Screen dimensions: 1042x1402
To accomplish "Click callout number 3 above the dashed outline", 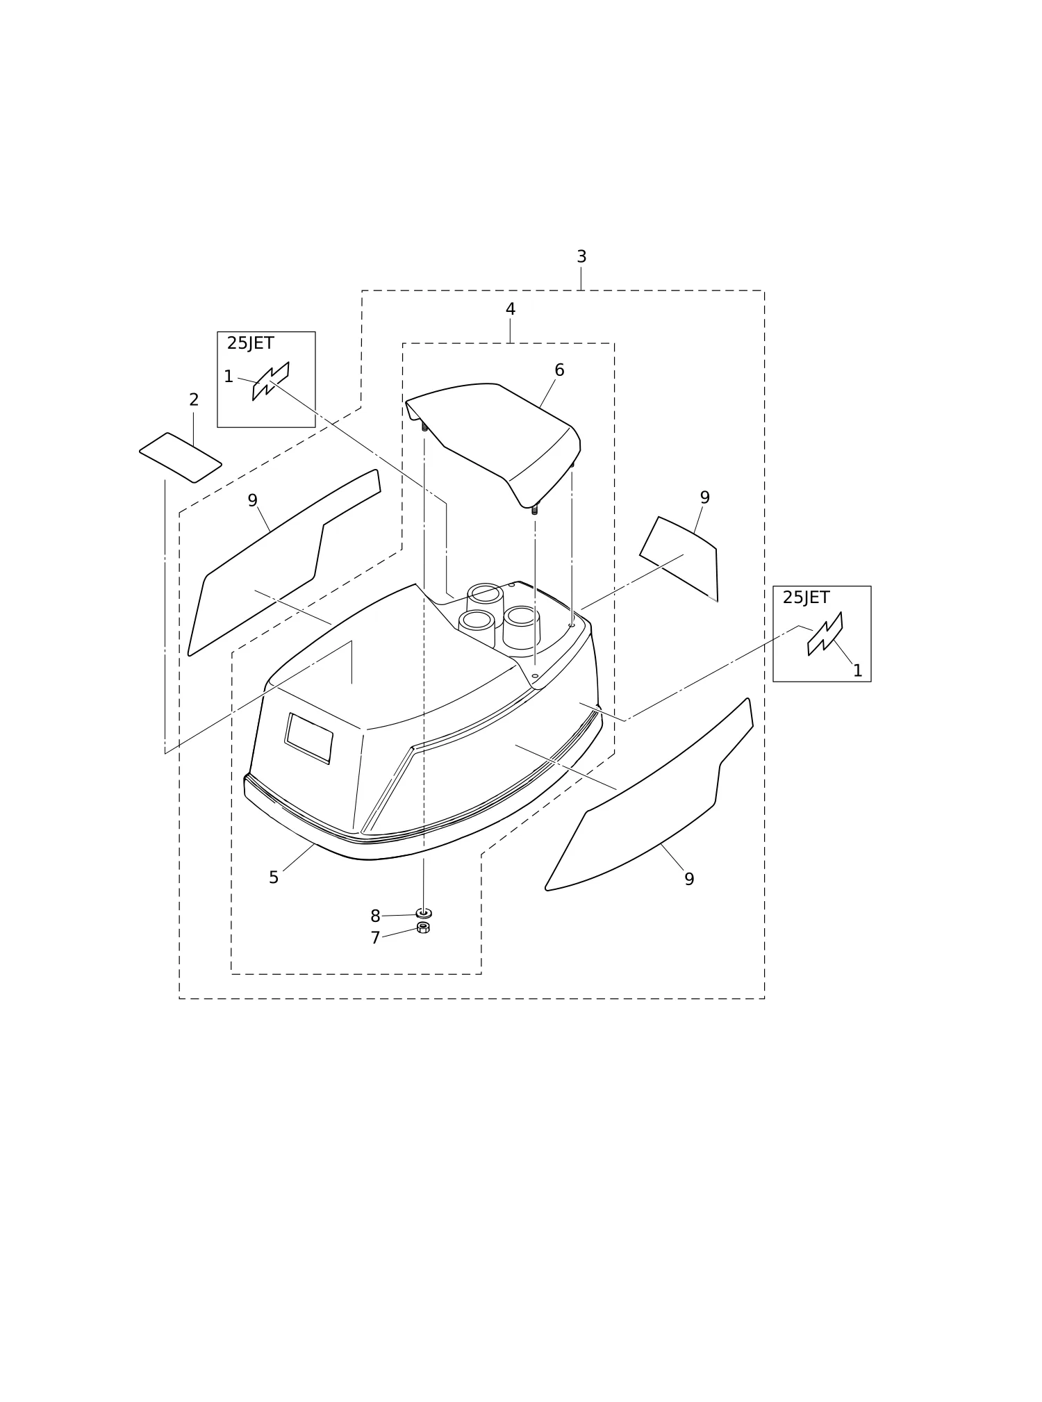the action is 581,257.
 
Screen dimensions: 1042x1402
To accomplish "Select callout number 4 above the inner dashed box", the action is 511,309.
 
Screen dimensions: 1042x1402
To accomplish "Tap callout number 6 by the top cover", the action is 559,370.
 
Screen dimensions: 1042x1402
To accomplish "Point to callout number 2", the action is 194,399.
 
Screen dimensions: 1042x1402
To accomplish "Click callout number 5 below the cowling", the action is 274,877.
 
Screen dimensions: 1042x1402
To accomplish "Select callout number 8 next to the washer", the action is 375,916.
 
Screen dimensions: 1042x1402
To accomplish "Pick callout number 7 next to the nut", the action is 375,938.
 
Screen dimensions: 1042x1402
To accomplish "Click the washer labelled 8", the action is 424,913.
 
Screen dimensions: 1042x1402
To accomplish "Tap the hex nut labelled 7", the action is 423,927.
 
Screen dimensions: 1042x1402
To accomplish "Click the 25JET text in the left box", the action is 250,343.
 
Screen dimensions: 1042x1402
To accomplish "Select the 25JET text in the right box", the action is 806,597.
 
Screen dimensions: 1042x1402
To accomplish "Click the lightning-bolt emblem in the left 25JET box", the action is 271,381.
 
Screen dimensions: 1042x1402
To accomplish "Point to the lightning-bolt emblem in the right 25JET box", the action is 825,634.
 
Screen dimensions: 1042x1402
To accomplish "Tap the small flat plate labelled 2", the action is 181,458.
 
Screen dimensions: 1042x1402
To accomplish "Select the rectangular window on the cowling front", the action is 308,738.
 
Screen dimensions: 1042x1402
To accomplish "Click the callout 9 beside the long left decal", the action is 253,500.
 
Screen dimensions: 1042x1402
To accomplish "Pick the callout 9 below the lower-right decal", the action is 689,879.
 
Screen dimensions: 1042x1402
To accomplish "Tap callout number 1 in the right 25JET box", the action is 857,670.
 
